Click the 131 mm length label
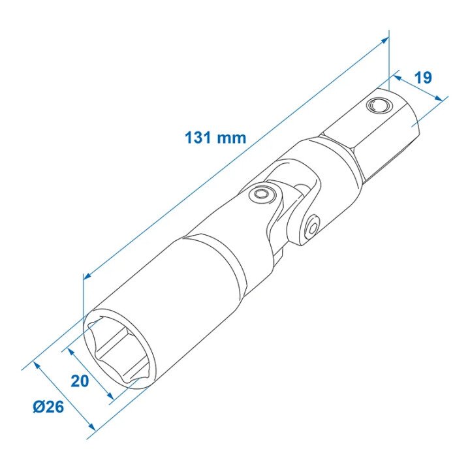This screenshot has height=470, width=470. click(215, 138)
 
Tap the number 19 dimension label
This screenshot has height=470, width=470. click(422, 78)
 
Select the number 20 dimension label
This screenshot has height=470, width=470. click(80, 381)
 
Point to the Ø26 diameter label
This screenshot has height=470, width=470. click(48, 407)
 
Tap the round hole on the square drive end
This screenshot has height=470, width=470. click(377, 105)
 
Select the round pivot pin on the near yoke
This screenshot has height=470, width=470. click(263, 194)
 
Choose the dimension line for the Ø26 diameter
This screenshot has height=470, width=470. click(64, 396)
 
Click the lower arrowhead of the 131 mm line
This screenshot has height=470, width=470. click(86, 278)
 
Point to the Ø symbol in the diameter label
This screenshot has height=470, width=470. click(37, 407)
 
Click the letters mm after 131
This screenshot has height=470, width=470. click(233, 138)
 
